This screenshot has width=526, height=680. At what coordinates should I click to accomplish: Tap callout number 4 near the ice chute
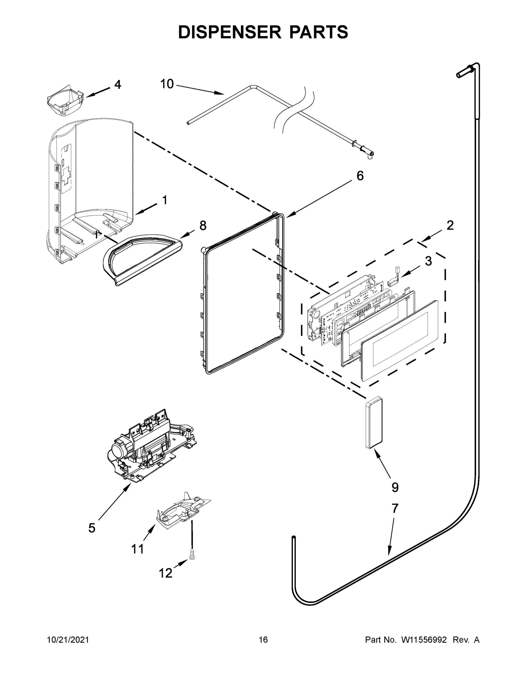[117, 84]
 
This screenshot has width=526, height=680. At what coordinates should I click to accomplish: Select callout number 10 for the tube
[167, 84]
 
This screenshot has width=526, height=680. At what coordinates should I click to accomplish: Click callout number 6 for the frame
[360, 176]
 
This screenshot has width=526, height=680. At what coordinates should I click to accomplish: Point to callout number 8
[203, 226]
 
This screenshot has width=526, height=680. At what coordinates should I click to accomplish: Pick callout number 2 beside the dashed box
[450, 225]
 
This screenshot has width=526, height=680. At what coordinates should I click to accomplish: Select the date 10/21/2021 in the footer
[68, 639]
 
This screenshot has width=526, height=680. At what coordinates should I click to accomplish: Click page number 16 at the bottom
[263, 639]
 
